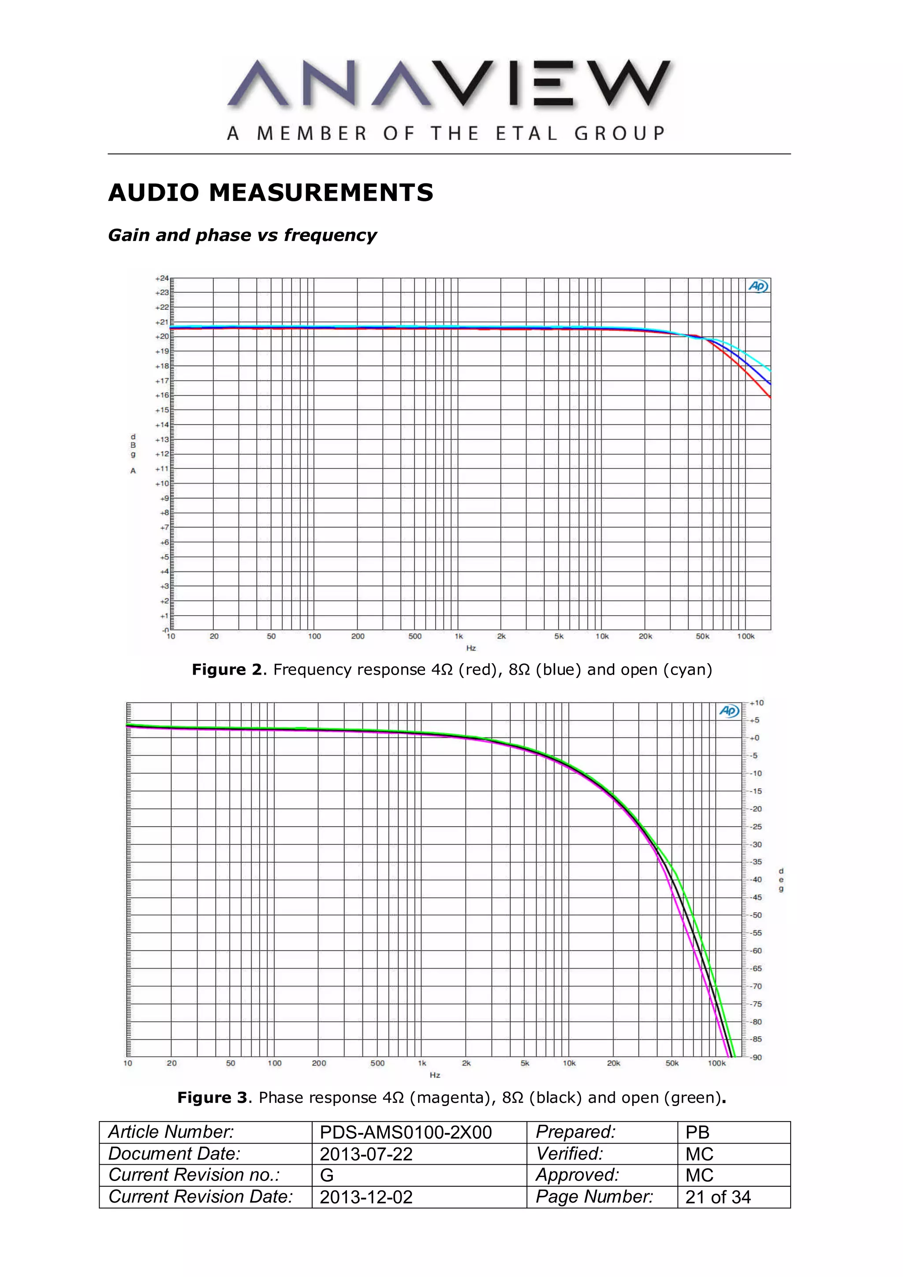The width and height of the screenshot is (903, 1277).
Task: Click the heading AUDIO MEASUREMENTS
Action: (270, 193)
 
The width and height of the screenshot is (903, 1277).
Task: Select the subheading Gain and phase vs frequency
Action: (242, 235)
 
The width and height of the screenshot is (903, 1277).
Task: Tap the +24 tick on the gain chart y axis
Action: (161, 278)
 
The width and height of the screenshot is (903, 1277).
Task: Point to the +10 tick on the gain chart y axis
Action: (161, 483)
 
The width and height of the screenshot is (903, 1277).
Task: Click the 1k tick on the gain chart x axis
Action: (459, 636)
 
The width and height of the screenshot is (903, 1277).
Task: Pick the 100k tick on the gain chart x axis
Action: (746, 636)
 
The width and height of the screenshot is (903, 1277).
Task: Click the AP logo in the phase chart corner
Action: (729, 711)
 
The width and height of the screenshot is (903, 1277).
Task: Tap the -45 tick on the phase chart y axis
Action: (757, 897)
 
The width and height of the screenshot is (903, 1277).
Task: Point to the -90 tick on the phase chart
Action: (757, 1057)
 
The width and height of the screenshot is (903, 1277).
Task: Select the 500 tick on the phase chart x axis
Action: (377, 1063)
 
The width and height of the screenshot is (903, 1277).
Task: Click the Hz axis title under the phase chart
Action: (435, 1075)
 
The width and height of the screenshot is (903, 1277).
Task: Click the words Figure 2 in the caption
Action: (226, 670)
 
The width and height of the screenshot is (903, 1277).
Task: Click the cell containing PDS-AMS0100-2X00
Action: (406, 1132)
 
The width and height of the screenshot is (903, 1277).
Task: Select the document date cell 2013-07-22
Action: (366, 1154)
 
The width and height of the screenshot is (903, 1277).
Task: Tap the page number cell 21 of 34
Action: (718, 1197)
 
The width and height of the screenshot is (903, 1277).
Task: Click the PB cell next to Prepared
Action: (697, 1132)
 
